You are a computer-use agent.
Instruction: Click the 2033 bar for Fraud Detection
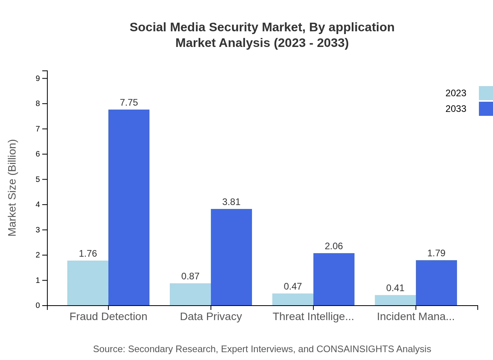[x=129, y=207]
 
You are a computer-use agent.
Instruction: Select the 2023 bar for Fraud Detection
[x=88, y=283]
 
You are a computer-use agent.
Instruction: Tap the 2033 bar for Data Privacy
[x=231, y=257]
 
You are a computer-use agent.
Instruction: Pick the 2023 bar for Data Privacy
[x=190, y=294]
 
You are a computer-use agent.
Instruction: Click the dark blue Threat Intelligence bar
[x=334, y=279]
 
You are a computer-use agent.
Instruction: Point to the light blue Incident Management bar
[x=395, y=300]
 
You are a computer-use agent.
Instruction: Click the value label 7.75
[x=129, y=103]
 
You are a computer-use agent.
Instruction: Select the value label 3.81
[x=231, y=202]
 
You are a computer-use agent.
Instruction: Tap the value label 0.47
[x=293, y=286]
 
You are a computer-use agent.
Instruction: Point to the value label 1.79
[x=436, y=253]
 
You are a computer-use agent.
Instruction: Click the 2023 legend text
[x=456, y=93]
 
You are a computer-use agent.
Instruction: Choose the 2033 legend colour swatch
[x=486, y=109]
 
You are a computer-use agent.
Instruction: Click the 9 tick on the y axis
[x=38, y=78]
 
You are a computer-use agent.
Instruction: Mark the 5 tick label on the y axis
[x=38, y=179]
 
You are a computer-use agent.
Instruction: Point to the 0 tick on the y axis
[x=38, y=306]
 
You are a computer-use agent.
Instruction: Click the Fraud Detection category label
[x=108, y=317]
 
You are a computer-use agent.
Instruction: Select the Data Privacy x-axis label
[x=211, y=317]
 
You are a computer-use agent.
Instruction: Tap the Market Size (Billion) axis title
[x=13, y=188]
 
